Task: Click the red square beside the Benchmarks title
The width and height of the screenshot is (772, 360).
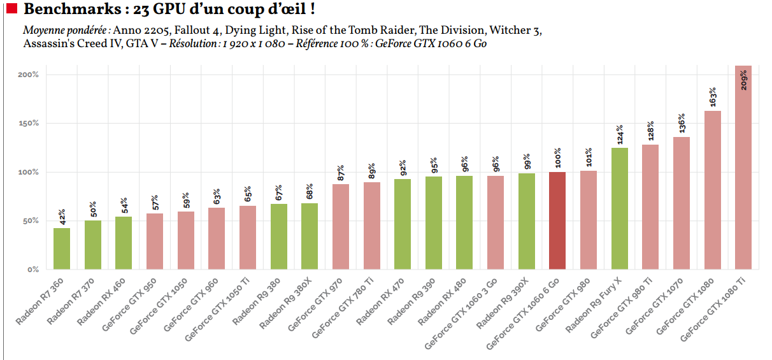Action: point(11,10)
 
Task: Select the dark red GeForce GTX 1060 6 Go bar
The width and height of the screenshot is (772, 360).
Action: point(557,220)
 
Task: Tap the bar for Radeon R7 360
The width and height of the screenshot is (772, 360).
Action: point(62,248)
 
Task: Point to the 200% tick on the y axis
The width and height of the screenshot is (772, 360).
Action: point(29,75)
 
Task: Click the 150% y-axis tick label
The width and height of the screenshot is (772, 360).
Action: point(29,123)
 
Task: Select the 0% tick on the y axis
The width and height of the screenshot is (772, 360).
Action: point(32,270)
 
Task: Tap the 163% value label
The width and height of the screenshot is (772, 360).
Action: point(713,97)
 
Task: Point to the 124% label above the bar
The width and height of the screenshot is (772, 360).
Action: point(619,134)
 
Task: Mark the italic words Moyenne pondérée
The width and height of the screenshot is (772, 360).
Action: point(66,31)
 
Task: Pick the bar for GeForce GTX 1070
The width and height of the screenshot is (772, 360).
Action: point(682,203)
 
